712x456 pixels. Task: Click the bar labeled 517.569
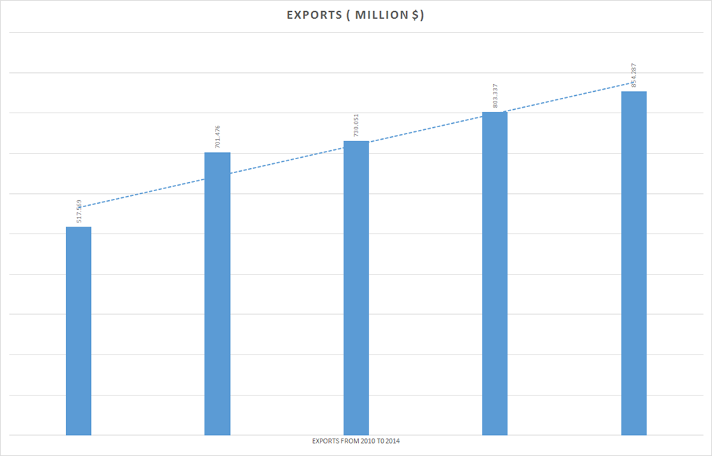click(79, 331)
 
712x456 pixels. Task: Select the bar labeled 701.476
click(217, 293)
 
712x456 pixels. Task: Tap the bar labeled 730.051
click(356, 288)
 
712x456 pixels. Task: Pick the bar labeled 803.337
click(494, 273)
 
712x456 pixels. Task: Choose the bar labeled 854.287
click(633, 263)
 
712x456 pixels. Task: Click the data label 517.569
click(79, 213)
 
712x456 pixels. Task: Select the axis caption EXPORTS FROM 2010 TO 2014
click(356, 441)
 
